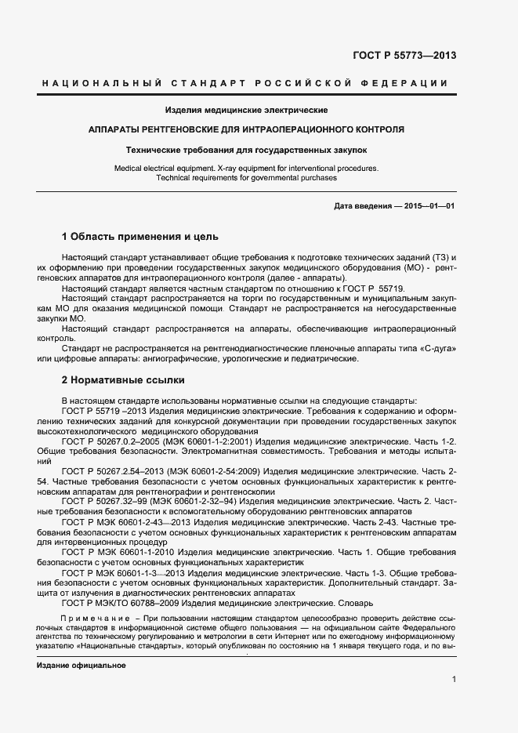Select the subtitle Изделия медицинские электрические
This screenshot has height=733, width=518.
246,110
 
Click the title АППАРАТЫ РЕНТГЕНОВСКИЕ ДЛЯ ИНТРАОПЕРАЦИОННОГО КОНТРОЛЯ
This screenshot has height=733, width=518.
246,129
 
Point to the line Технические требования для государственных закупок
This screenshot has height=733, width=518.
246,149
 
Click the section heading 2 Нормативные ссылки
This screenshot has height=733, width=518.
123,380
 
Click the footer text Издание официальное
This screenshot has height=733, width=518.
81,665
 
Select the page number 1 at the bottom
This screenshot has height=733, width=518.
454,679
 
